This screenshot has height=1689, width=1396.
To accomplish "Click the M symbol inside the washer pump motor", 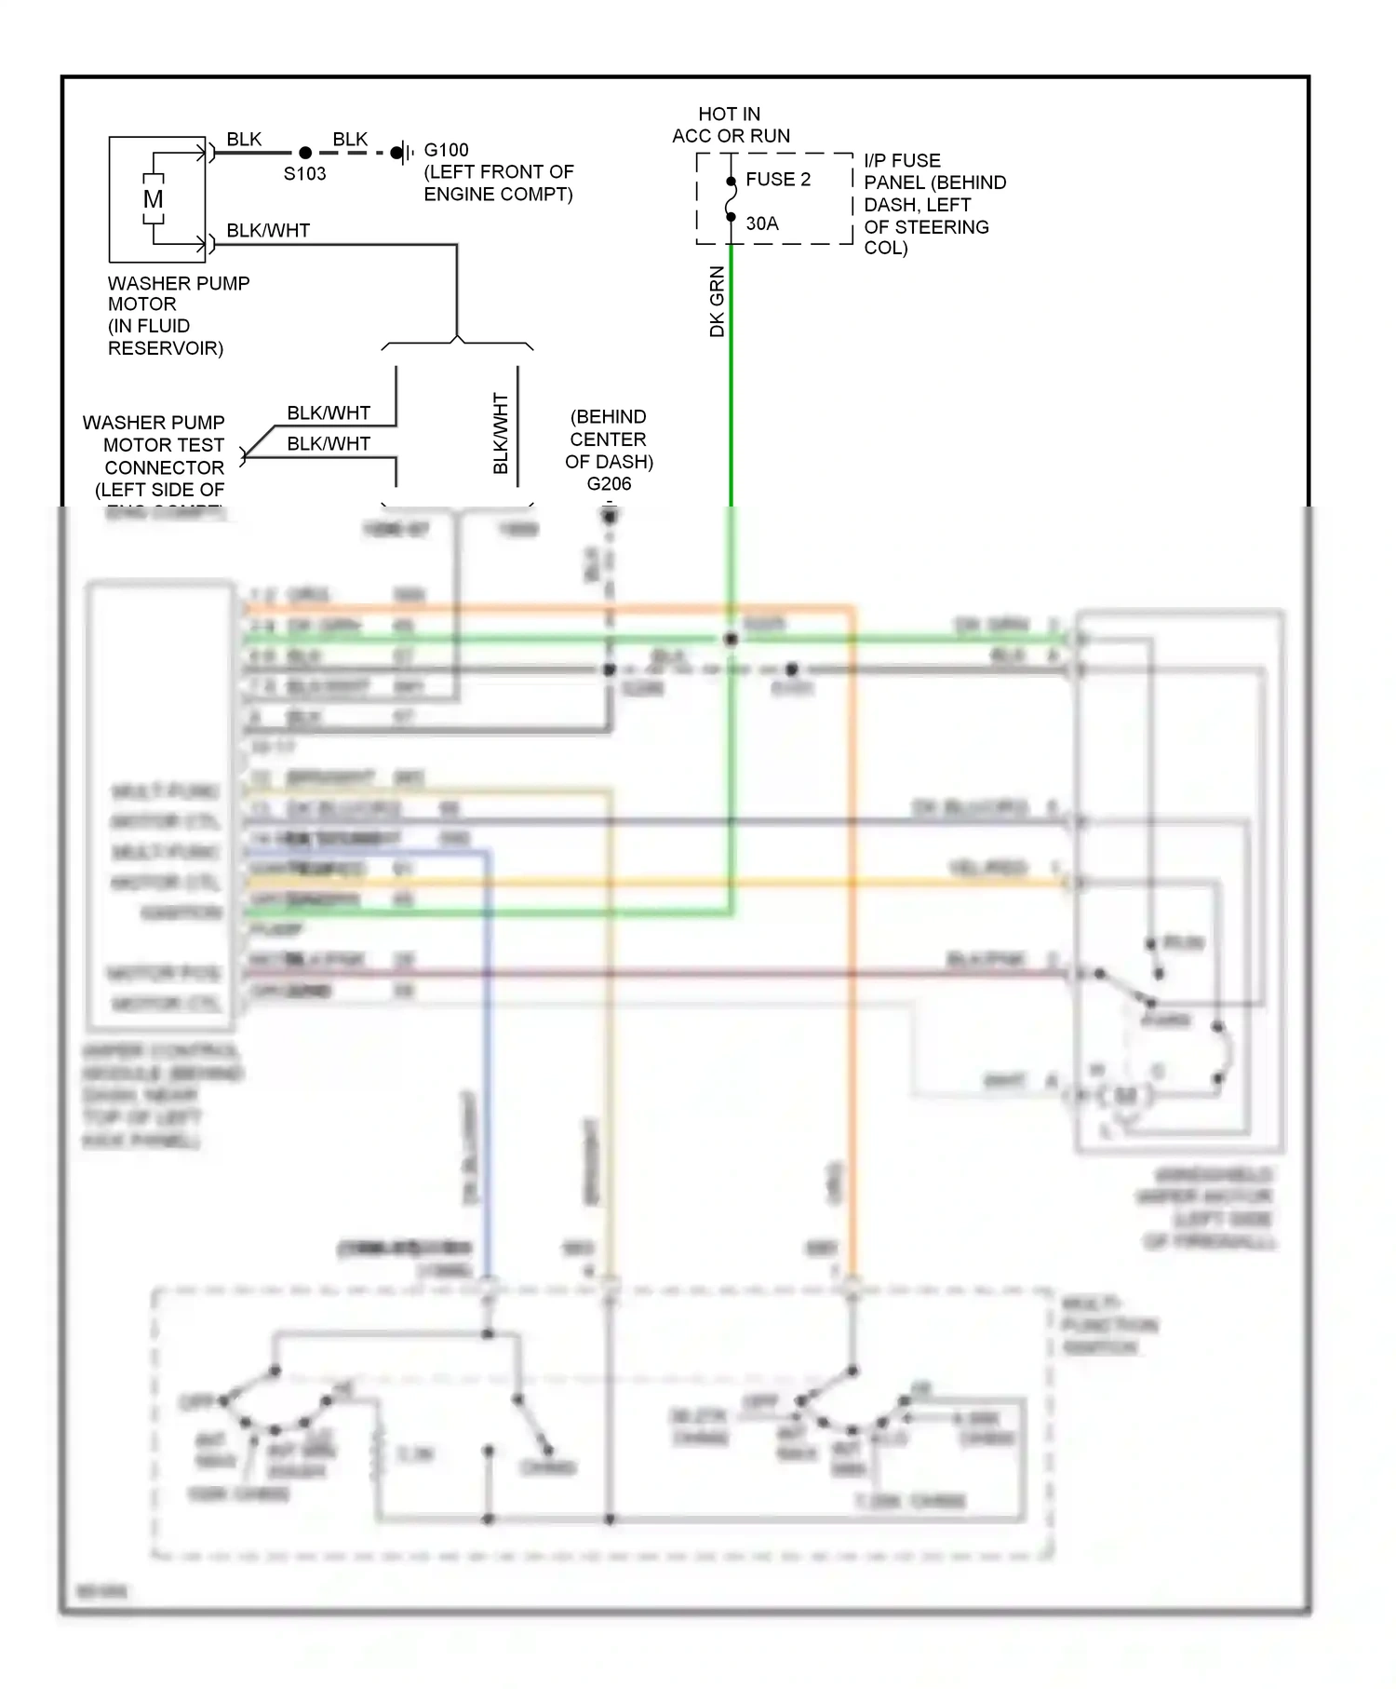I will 154,199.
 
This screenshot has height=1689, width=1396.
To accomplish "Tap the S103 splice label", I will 304,174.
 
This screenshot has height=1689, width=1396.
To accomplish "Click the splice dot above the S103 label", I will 305,153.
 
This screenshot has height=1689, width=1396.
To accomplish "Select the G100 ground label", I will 446,150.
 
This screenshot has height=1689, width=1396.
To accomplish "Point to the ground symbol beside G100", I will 401,153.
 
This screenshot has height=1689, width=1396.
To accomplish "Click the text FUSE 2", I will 778,180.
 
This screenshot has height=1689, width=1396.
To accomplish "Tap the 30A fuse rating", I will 762,223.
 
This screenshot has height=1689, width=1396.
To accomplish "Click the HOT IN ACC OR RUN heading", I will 731,125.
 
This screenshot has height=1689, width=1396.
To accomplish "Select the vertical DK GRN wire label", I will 717,302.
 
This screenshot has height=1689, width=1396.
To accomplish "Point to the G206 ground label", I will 609,484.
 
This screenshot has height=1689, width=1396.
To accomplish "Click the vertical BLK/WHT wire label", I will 501,433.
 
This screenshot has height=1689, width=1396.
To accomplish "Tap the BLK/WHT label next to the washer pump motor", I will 268,230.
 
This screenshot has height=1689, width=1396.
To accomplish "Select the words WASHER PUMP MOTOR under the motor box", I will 178,293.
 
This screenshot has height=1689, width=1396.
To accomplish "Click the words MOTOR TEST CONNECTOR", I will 164,456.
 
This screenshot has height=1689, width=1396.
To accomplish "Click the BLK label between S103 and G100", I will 350,139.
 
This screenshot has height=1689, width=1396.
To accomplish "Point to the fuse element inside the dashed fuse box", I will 731,199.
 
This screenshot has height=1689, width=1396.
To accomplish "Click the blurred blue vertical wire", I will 487,1071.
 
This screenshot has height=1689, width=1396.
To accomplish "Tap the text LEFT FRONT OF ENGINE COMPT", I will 499,183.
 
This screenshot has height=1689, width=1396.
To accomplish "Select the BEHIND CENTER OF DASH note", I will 609,439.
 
